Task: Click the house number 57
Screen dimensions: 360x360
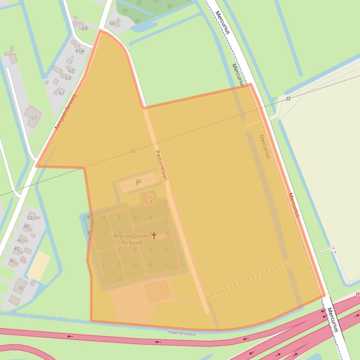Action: pyautogui.click(x=33, y=118)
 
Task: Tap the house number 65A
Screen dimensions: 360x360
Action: pyautogui.click(x=80, y=51)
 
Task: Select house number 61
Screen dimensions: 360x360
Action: pyautogui.click(x=61, y=93)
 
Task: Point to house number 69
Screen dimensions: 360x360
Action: pyautogui.click(x=85, y=29)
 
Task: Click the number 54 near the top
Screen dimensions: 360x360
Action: pyautogui.click(x=112, y=23)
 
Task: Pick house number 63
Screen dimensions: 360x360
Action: pyautogui.click(x=68, y=78)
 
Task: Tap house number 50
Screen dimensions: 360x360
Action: pyautogui.click(x=29, y=218)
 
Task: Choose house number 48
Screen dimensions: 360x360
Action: pyautogui.click(x=26, y=226)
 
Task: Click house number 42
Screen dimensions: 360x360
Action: pyautogui.click(x=20, y=240)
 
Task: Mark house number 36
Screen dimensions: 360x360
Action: pyautogui.click(x=12, y=260)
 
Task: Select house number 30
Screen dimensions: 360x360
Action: pyautogui.click(x=20, y=288)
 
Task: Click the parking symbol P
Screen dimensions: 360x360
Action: pyautogui.click(x=138, y=182)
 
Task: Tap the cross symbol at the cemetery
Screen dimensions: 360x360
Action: pyautogui.click(x=154, y=236)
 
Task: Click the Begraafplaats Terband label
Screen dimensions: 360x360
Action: pyautogui.click(x=132, y=239)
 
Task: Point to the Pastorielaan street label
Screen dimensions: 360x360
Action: pyautogui.click(x=161, y=165)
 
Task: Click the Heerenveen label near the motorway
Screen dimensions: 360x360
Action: pyautogui.click(x=182, y=334)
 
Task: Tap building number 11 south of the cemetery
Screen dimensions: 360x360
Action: pyautogui.click(x=162, y=288)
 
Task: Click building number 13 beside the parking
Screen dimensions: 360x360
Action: pyautogui.click(x=149, y=197)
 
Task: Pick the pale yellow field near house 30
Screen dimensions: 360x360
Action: pyautogui.click(x=39, y=266)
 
